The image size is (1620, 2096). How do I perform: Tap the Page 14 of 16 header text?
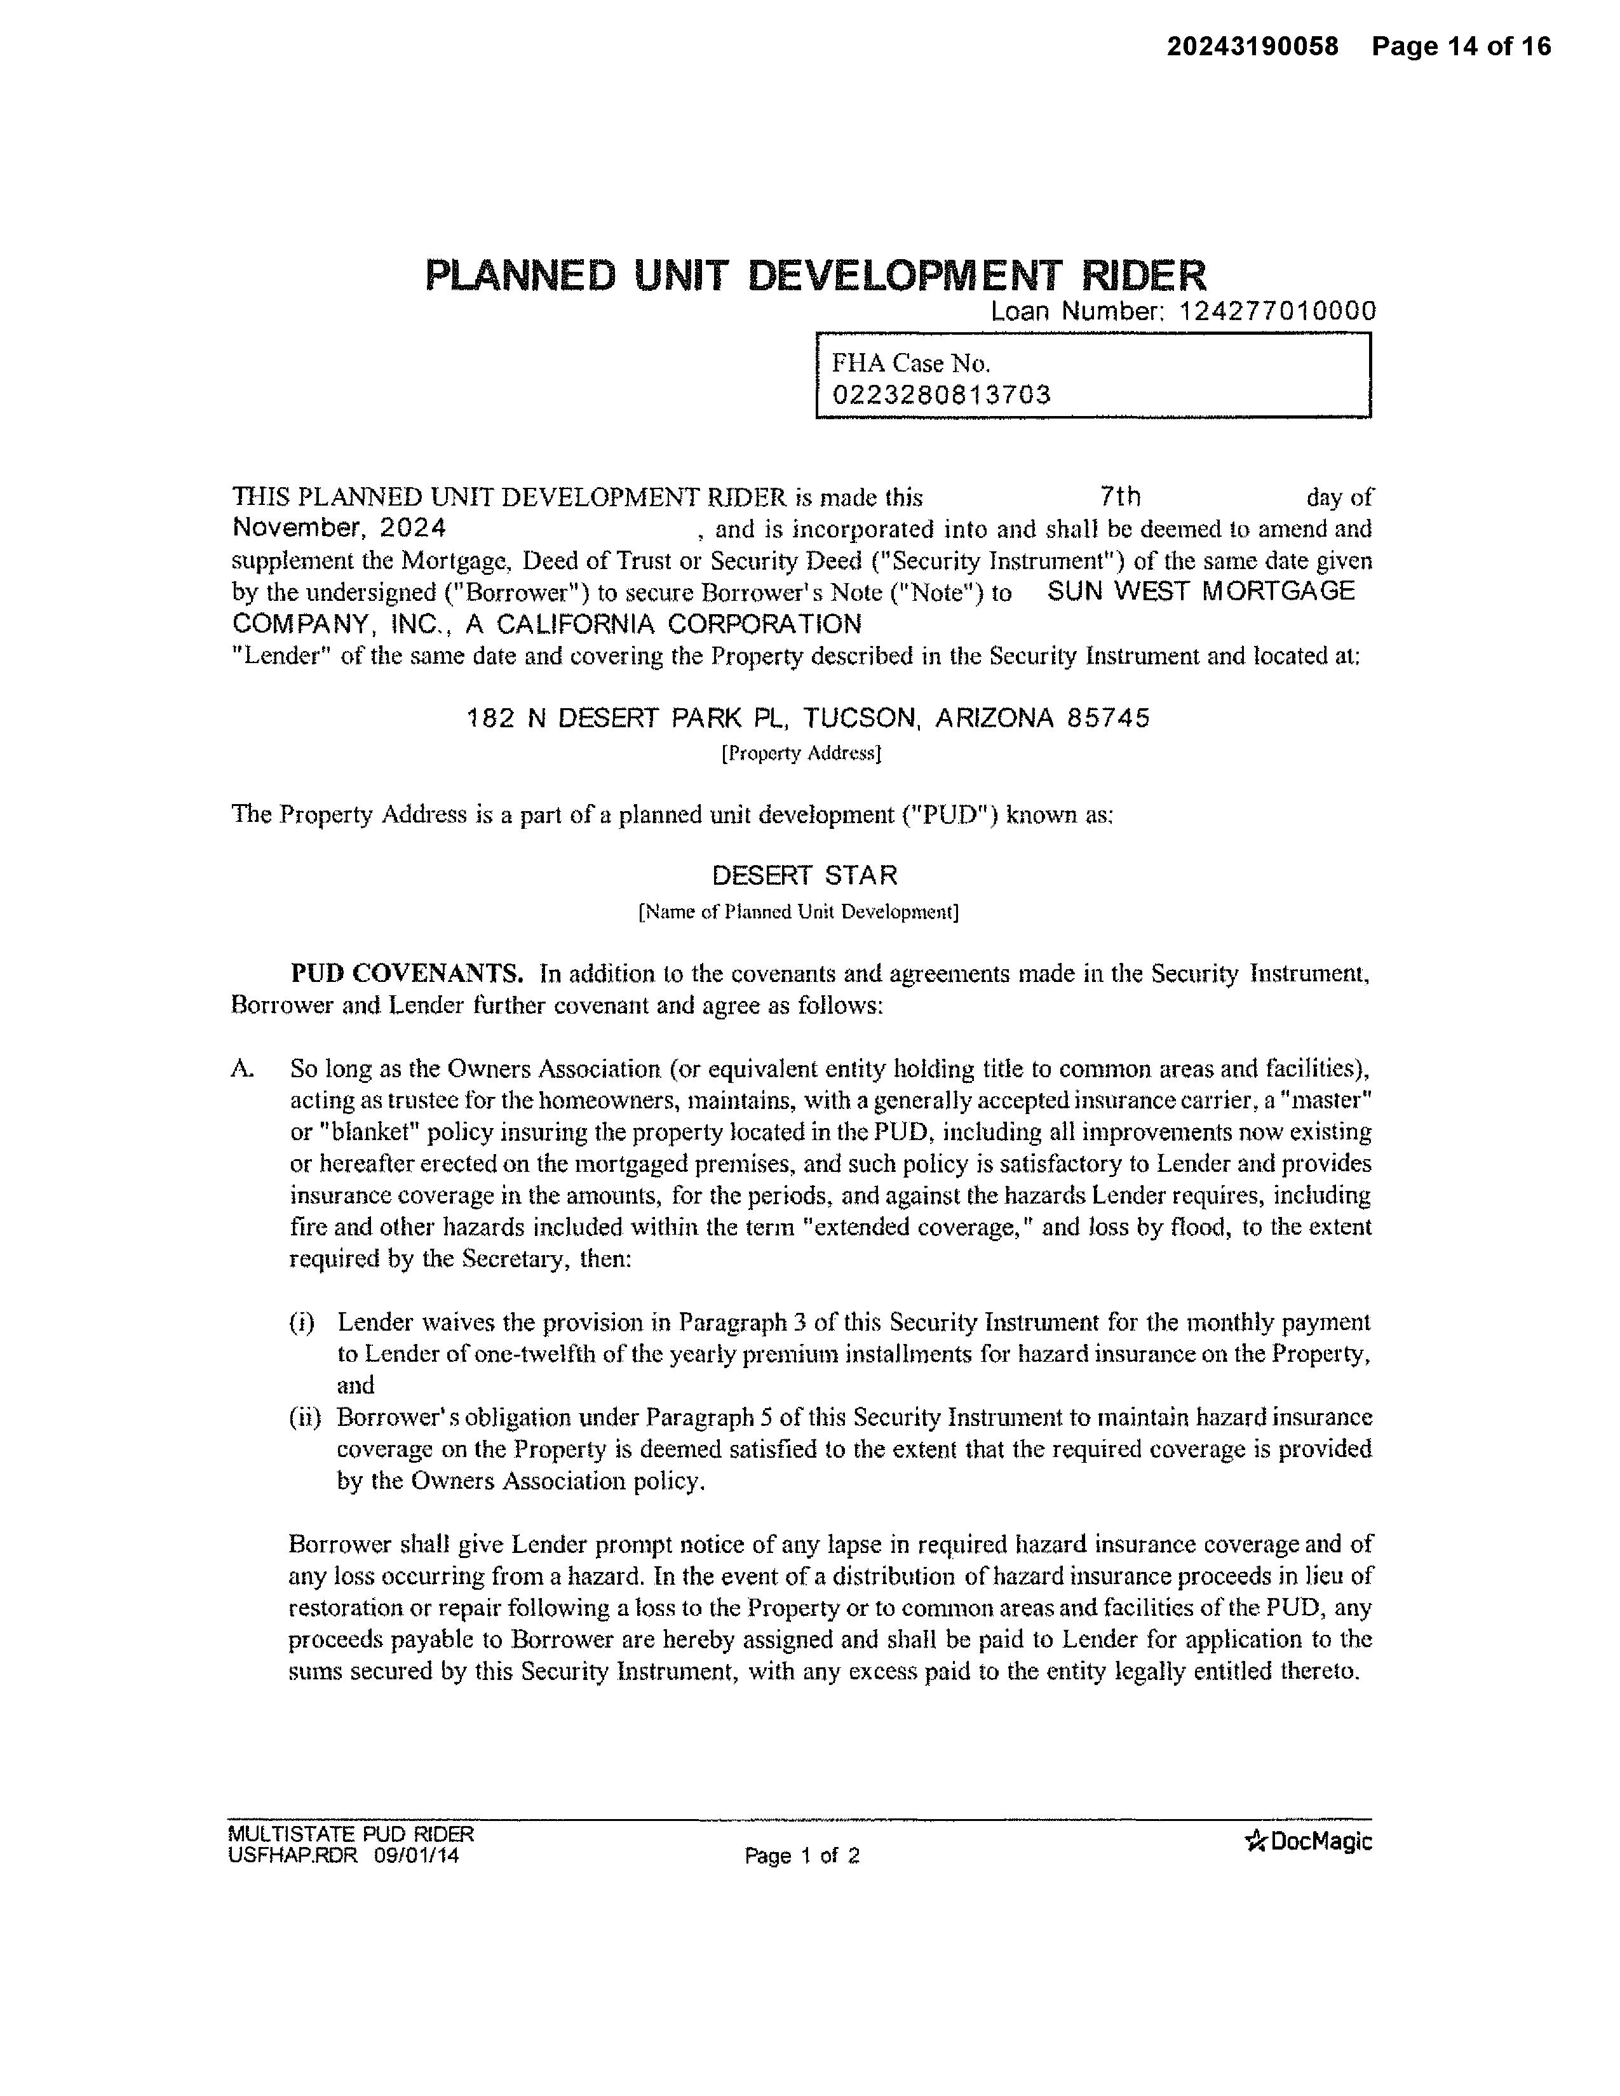click(x=1461, y=46)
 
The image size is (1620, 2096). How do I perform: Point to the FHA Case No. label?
click(x=910, y=363)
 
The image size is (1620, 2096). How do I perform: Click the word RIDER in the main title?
click(x=1144, y=276)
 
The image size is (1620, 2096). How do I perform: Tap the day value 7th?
click(x=1120, y=496)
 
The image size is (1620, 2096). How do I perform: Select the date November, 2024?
click(x=339, y=528)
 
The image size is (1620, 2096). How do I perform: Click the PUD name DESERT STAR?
click(x=804, y=875)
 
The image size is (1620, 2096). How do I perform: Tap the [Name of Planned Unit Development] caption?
click(x=799, y=911)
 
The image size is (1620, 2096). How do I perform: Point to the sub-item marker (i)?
click(x=301, y=1322)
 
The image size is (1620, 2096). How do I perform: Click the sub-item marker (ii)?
click(x=304, y=1416)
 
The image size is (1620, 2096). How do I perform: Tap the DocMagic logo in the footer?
click(x=1307, y=1841)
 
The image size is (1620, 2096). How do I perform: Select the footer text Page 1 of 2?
click(x=801, y=1856)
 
